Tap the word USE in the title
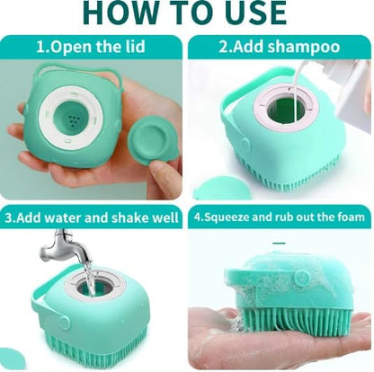coord(254,13)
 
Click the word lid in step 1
coord(134,47)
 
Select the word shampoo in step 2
coord(304,48)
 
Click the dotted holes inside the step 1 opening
coord(73,120)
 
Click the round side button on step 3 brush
coord(65,322)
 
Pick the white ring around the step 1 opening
coord(44,120)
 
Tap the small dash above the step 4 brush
coord(280,244)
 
